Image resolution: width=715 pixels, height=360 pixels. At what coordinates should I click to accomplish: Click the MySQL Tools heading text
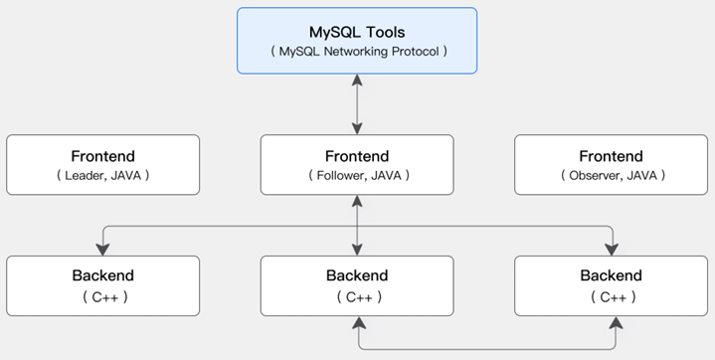click(357, 33)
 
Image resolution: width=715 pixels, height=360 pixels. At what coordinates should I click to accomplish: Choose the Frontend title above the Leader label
click(103, 156)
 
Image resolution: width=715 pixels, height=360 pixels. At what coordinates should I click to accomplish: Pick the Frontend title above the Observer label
click(611, 156)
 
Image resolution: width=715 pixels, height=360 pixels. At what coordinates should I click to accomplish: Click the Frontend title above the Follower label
click(357, 156)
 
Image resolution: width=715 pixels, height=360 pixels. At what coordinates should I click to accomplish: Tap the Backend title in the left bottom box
click(103, 275)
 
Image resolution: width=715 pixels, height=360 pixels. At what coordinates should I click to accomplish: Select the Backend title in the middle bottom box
click(357, 275)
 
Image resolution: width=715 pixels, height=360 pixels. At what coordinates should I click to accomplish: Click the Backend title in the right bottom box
click(611, 275)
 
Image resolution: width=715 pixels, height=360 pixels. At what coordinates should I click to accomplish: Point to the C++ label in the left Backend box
click(104, 297)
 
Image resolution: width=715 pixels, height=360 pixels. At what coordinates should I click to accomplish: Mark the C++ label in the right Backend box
click(614, 297)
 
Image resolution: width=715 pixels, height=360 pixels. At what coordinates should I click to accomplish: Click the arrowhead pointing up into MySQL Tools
click(357, 80)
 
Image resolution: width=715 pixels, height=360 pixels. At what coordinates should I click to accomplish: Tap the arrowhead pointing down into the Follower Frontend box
click(357, 128)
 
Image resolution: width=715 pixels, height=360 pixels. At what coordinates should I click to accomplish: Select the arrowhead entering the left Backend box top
click(103, 250)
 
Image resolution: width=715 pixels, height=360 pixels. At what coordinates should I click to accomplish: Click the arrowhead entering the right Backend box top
click(611, 250)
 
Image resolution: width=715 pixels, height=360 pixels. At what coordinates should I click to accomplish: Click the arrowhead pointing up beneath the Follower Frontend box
click(357, 201)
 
